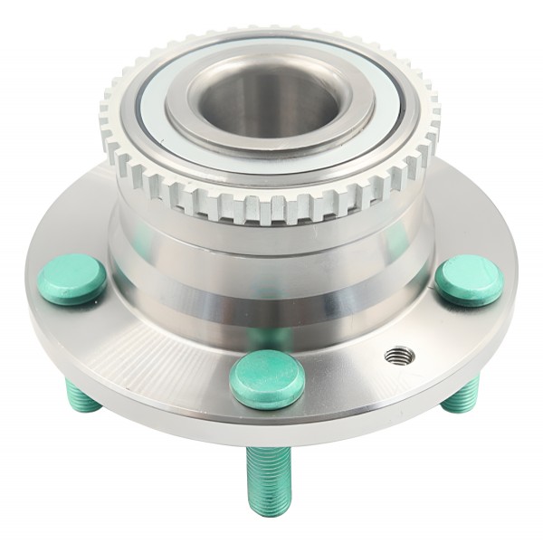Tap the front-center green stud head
coord(267,378)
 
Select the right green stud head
coord(468,281)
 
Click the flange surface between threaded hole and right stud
coord(425,326)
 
